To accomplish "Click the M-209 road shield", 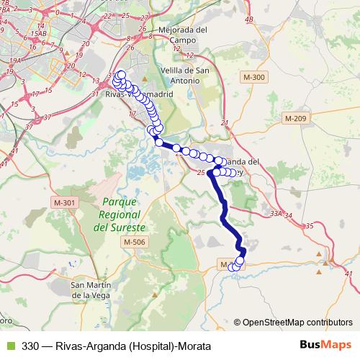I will point(295,118).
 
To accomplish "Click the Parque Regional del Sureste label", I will point(120,215).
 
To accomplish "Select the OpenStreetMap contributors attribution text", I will point(297,322).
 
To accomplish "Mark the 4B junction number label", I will point(250,19).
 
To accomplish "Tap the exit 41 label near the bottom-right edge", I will point(349,274).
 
